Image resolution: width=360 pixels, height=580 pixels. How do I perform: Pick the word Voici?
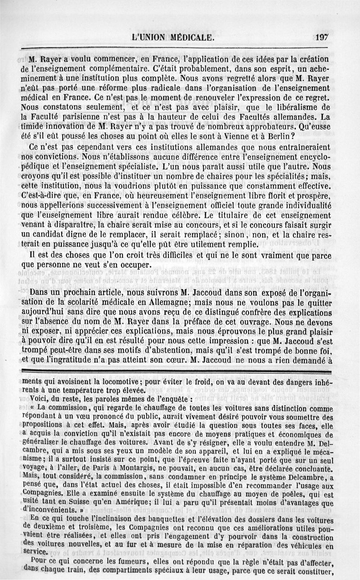tap(39, 399)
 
